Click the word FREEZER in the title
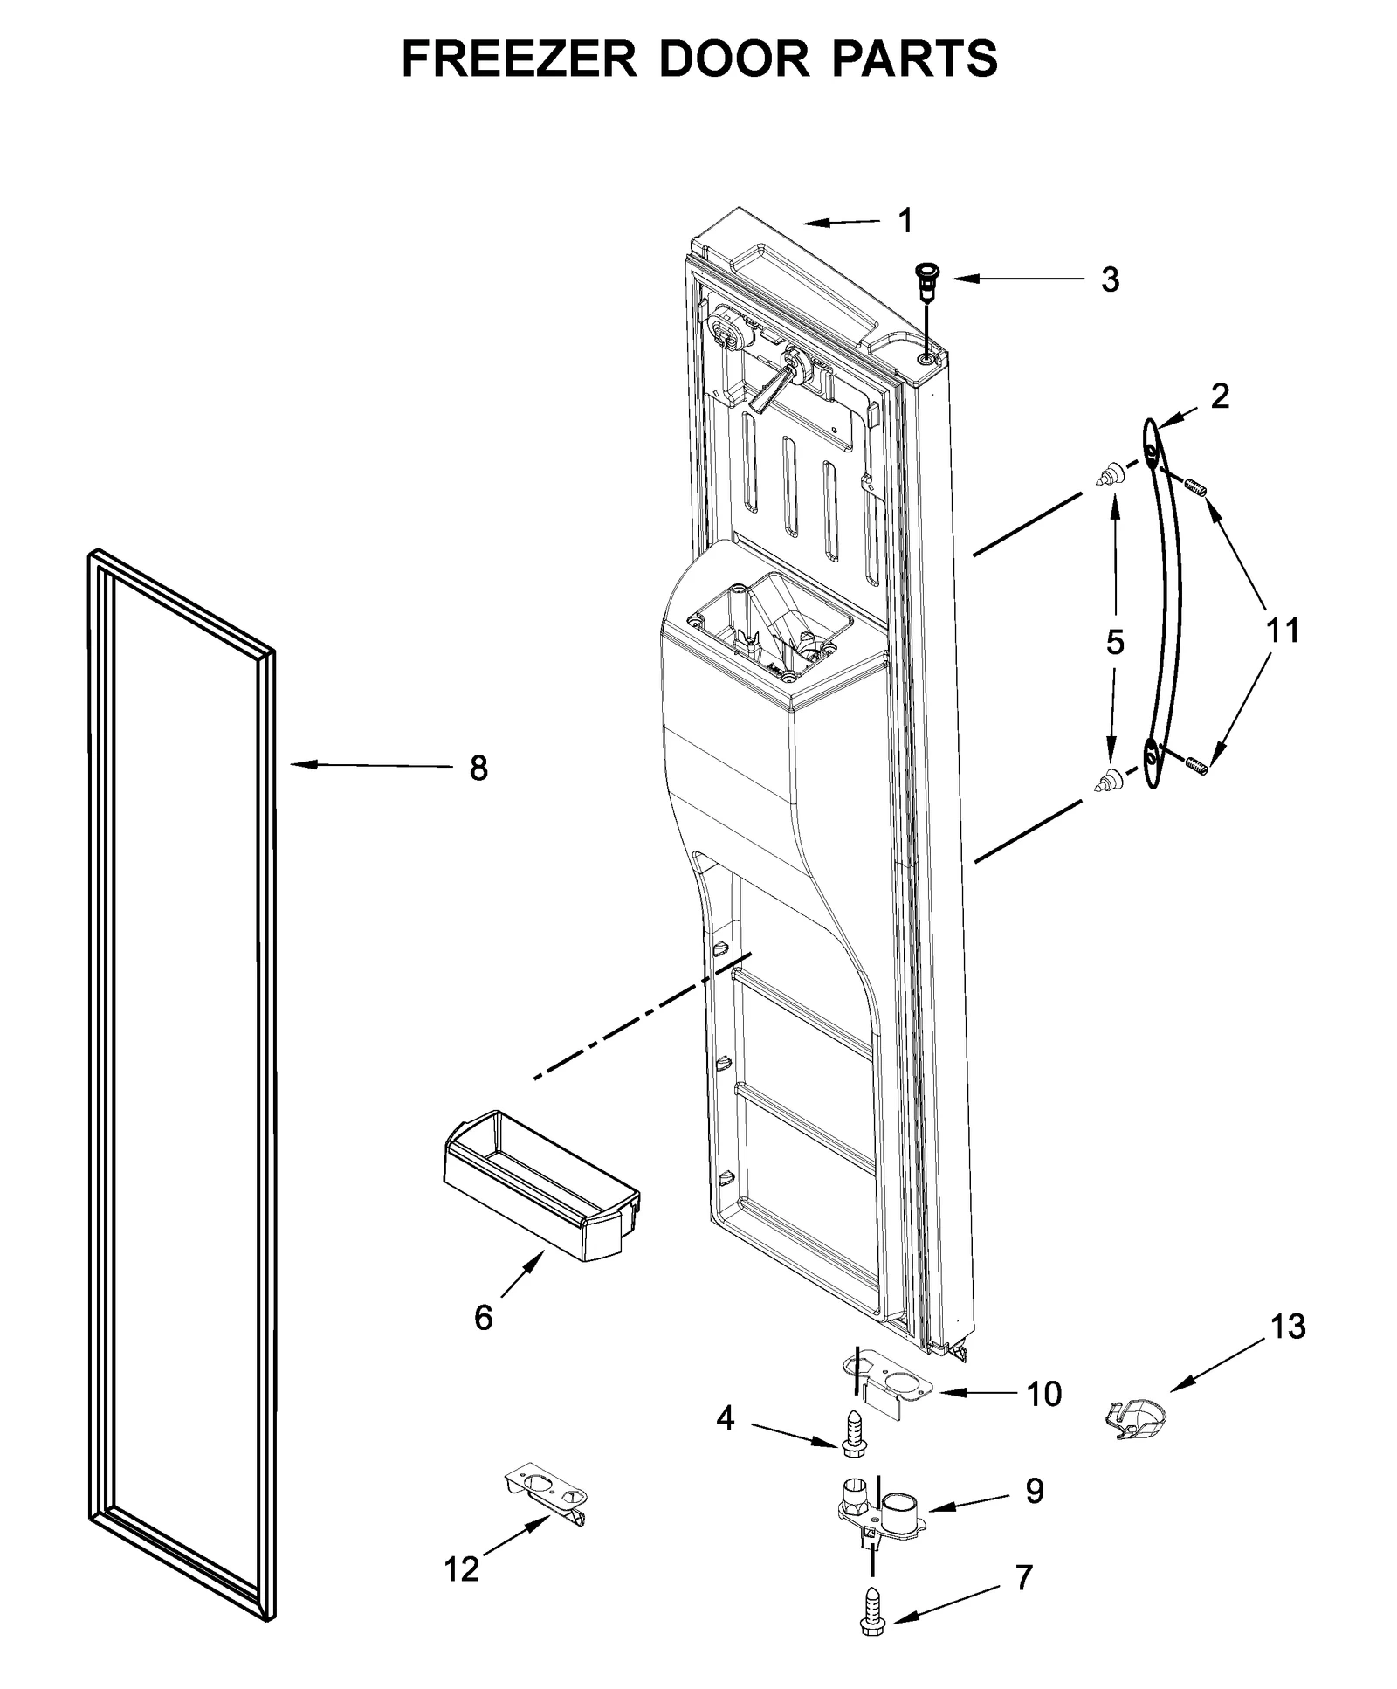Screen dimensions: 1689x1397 (520, 59)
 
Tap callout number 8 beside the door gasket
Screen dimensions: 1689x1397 (478, 769)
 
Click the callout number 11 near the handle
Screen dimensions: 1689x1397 (1282, 631)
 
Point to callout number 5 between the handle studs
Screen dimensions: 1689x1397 (1115, 642)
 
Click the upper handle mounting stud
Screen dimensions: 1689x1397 (1108, 476)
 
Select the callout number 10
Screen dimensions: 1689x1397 (1043, 1394)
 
